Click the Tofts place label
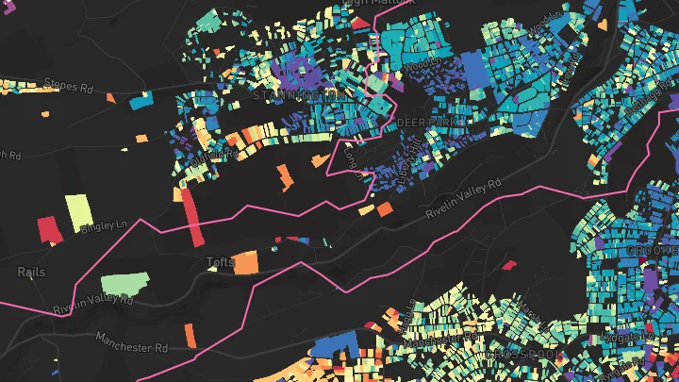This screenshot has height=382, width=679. tap(219, 262)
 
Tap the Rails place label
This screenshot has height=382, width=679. tap(31, 272)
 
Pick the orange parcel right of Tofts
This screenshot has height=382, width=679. tap(245, 262)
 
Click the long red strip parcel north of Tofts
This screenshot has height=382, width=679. tap(191, 217)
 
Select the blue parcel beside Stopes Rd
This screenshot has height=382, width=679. tap(141, 98)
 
